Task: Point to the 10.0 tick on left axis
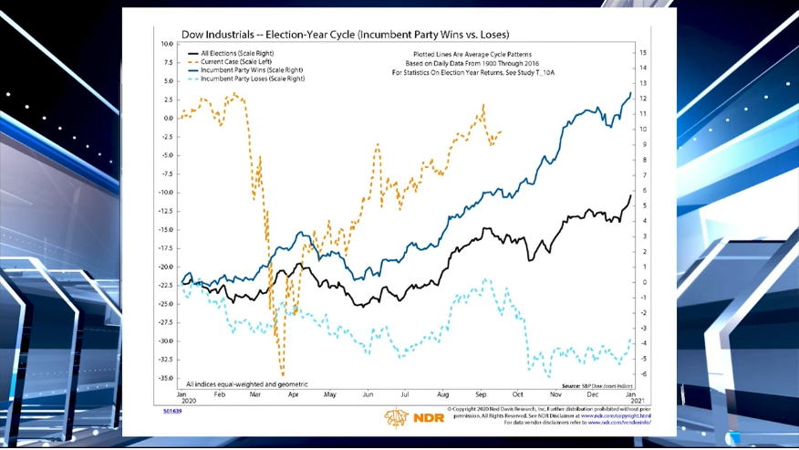pyautogui.click(x=166, y=44)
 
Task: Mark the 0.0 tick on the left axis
pyautogui.click(x=167, y=118)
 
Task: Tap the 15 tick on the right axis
pyautogui.click(x=643, y=53)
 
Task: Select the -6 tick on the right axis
pyautogui.click(x=643, y=373)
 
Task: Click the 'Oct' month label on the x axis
pyautogui.click(x=518, y=394)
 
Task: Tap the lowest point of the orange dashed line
pyautogui.click(x=283, y=374)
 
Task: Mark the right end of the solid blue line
pyautogui.click(x=630, y=92)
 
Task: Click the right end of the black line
pyautogui.click(x=630, y=195)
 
